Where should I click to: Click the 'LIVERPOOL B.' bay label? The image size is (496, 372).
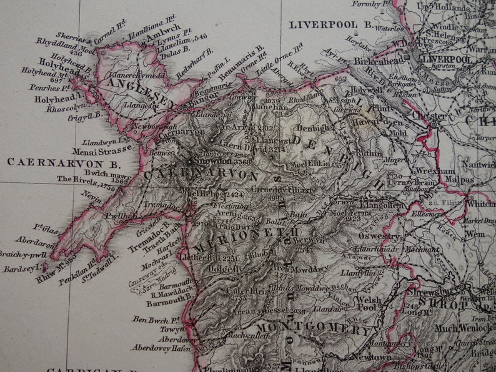(330, 25)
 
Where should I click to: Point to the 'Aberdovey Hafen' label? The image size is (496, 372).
(155, 348)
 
